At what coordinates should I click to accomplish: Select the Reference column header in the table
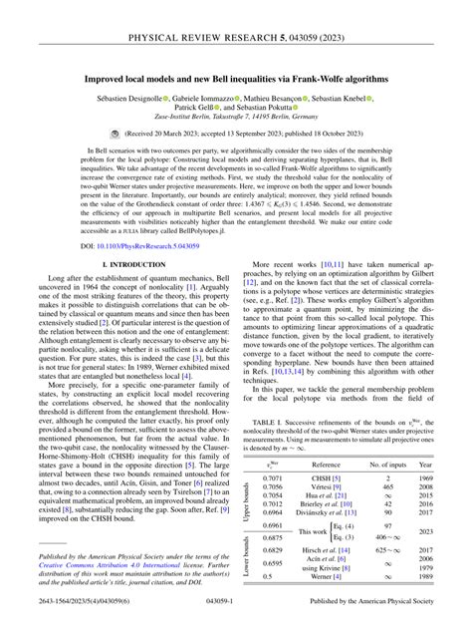325,436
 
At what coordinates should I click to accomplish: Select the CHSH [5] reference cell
326,451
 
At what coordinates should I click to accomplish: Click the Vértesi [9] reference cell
326,461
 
